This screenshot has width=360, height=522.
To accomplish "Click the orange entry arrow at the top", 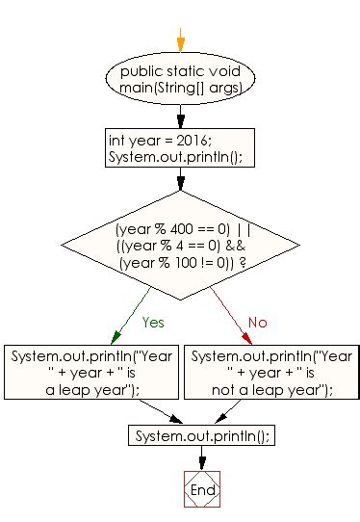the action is pos(179,39).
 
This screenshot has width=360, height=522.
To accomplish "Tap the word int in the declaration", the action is pos(116,141).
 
